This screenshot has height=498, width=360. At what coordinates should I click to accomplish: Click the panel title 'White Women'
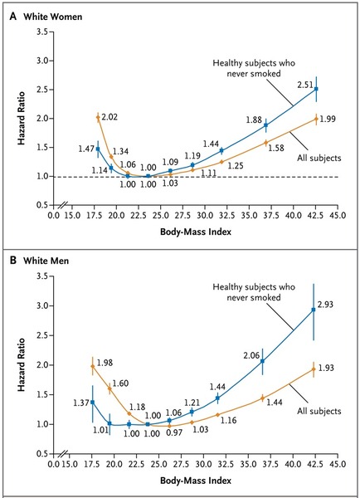(x=47, y=13)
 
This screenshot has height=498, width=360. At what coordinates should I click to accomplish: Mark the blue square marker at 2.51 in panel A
(x=315, y=89)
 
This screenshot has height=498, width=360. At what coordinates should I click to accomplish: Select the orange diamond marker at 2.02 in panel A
(x=98, y=117)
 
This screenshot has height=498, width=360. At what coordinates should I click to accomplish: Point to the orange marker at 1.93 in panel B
(x=314, y=369)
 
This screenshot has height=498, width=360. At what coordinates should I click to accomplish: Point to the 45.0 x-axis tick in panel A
(x=341, y=216)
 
